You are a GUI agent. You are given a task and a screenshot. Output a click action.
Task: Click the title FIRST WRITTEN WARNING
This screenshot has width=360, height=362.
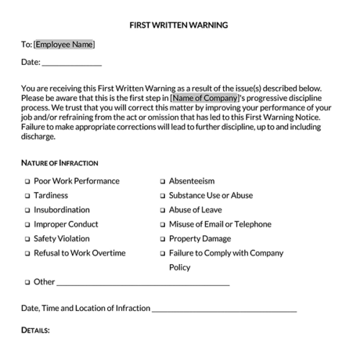click(179, 24)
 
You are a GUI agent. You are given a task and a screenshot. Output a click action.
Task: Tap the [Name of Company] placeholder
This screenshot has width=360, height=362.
click(204, 97)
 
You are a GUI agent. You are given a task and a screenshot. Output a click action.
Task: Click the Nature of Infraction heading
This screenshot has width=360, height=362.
click(60, 163)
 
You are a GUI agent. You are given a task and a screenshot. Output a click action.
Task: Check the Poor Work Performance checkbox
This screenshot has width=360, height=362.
click(27, 181)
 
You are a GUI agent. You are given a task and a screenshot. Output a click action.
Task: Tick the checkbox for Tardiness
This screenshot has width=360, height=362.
click(27, 196)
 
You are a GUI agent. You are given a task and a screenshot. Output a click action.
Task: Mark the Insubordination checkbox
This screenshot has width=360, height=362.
click(27, 210)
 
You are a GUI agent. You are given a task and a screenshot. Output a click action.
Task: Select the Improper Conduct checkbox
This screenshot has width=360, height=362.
click(27, 225)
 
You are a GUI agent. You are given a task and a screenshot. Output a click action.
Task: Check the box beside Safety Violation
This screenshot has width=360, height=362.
click(27, 239)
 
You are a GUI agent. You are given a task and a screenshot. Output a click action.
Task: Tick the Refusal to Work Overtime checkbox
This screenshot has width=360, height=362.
click(27, 253)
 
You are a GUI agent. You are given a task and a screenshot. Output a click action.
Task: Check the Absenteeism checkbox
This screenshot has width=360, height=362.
click(163, 181)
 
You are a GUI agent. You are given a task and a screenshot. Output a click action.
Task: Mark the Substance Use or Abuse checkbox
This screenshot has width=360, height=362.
click(163, 196)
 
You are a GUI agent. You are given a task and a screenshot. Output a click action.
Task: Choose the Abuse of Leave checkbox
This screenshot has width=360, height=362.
click(163, 210)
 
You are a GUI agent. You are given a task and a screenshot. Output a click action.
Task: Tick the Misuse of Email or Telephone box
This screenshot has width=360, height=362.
click(163, 225)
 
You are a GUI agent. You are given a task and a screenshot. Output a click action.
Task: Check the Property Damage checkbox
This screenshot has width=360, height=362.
click(163, 239)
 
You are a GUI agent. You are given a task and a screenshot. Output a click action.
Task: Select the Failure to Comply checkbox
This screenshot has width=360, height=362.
click(163, 253)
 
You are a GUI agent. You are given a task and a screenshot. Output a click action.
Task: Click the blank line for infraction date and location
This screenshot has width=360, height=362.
click(224, 309)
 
